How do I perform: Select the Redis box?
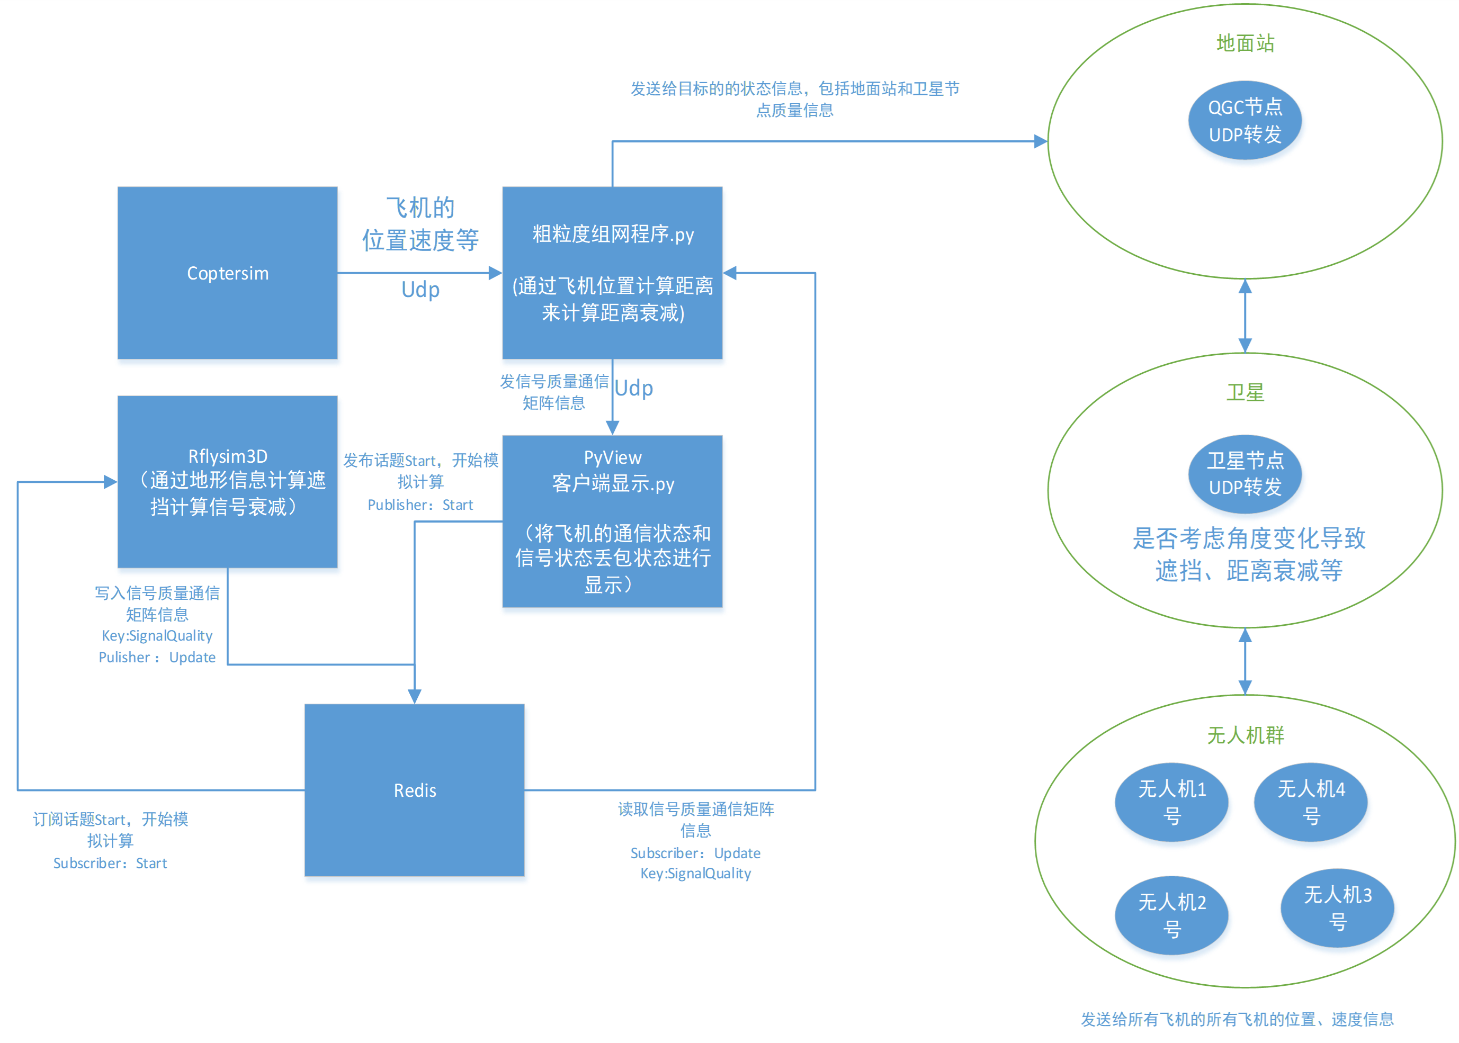click(x=414, y=789)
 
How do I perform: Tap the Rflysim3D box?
click(x=227, y=481)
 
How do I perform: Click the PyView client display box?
click(x=612, y=521)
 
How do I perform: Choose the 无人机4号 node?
click(x=1310, y=802)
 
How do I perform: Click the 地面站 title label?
click(x=1245, y=43)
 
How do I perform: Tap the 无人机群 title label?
click(x=1245, y=734)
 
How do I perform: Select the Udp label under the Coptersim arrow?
click(x=420, y=290)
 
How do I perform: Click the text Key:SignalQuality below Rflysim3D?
click(x=157, y=635)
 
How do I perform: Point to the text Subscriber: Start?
click(x=110, y=862)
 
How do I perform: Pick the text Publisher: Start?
click(x=419, y=505)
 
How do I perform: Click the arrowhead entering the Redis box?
click(x=414, y=696)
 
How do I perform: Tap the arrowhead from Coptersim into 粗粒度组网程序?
click(x=494, y=273)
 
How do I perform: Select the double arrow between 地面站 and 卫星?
click(x=1245, y=316)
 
